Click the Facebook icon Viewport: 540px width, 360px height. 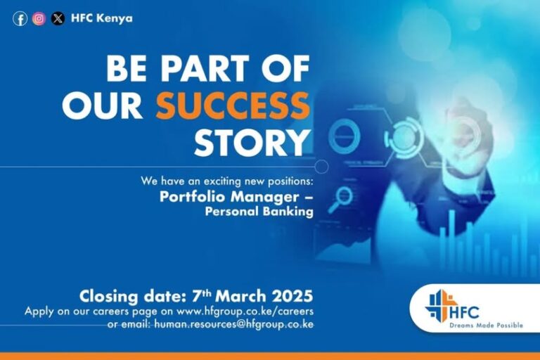(20, 18)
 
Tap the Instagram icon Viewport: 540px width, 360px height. (39, 18)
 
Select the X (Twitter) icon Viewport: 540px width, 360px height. (58, 18)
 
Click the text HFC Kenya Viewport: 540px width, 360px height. (101, 18)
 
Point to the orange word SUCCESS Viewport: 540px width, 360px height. (233, 105)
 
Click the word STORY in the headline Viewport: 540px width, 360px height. (252, 142)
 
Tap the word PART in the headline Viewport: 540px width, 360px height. (205, 68)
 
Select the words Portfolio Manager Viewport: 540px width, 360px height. (229, 197)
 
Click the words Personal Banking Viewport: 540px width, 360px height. (259, 212)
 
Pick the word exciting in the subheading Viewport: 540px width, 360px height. (224, 181)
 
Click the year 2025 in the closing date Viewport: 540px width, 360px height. (292, 296)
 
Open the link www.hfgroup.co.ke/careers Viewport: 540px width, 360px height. (245, 311)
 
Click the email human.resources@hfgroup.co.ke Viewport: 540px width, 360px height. (234, 324)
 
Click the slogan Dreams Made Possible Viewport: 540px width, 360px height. (487, 326)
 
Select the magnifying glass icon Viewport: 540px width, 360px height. (340, 200)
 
